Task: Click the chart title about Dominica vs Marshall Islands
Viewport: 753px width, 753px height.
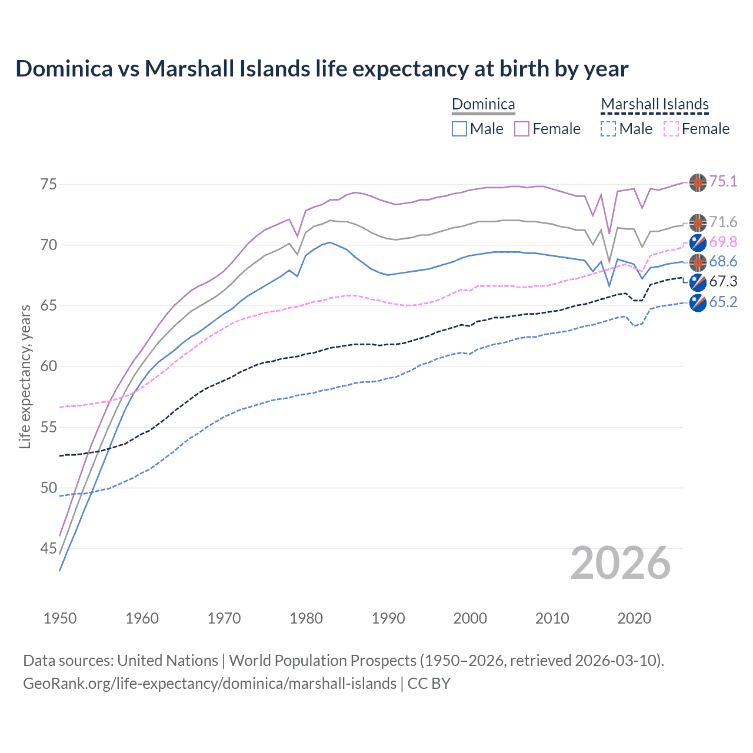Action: tap(322, 69)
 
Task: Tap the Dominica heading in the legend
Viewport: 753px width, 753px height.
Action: tap(483, 105)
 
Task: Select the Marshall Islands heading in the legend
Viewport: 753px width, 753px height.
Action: tap(655, 105)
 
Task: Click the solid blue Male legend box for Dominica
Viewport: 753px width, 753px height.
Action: tap(459, 129)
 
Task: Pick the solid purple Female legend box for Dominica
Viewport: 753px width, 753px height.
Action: tap(522, 129)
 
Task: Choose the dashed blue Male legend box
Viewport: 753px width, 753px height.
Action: tap(608, 129)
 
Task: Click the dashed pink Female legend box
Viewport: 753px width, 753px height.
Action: tap(671, 129)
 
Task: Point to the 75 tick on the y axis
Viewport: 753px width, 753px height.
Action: tap(48, 184)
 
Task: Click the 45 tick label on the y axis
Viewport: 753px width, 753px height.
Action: tap(48, 548)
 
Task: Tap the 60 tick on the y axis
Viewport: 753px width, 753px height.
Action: tap(48, 366)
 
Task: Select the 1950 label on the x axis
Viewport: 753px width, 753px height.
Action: tap(60, 618)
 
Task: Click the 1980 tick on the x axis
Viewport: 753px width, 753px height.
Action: tap(306, 618)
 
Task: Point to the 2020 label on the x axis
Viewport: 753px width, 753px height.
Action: tap(634, 618)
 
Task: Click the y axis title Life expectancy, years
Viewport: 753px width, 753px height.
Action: tap(25, 376)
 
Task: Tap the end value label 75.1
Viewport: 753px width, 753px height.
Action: tap(723, 181)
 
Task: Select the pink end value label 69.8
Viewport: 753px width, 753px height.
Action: tap(723, 242)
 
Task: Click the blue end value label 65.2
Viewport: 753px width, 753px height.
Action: tap(723, 302)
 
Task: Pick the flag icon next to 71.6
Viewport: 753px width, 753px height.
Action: tap(698, 222)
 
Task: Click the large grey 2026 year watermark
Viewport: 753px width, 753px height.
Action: tap(621, 563)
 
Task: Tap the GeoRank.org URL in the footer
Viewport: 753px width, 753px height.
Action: tap(209, 684)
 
